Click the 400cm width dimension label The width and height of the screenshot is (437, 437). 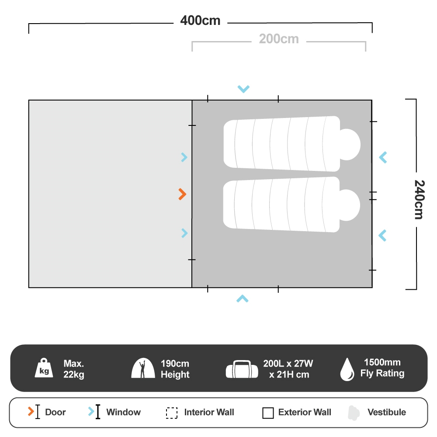point(200,21)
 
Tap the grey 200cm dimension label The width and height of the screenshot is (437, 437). point(279,39)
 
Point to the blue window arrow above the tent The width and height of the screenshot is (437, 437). point(243,89)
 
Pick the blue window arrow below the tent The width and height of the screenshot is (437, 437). point(243,299)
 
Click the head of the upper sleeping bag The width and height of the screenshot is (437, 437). point(350,144)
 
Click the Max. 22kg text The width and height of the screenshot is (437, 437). point(74,369)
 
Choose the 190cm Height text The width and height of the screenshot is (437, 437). point(175,369)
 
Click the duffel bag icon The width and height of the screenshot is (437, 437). point(242,369)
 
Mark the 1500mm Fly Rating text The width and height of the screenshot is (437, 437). point(382,368)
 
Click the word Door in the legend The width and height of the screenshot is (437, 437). point(55,412)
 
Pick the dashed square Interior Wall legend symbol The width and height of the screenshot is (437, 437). point(172,413)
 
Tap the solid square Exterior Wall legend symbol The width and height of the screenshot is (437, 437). point(268,413)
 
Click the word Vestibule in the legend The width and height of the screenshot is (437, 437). point(386,412)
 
